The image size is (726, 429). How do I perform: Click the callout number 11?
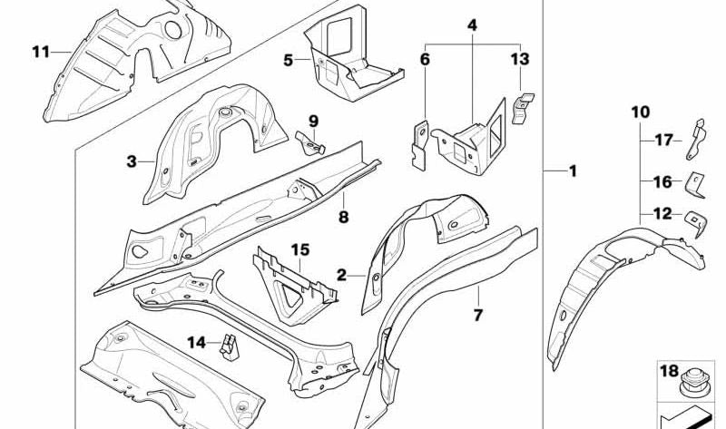[x=40, y=51]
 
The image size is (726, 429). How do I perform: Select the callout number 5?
[x=289, y=61]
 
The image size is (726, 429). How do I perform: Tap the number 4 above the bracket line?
[x=472, y=25]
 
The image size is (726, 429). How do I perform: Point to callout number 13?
[x=519, y=60]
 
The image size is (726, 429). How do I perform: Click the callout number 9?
[x=313, y=121]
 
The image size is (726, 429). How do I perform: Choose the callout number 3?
[x=132, y=161]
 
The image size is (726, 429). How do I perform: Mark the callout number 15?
[x=300, y=249]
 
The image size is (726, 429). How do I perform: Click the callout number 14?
[x=197, y=342]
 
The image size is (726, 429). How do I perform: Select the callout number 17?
[x=664, y=140]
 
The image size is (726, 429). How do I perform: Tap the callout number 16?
[x=662, y=181]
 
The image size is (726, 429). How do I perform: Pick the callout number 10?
[x=640, y=112]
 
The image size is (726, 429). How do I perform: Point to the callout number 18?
[x=668, y=370]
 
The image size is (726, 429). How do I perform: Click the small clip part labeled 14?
[x=229, y=344]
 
